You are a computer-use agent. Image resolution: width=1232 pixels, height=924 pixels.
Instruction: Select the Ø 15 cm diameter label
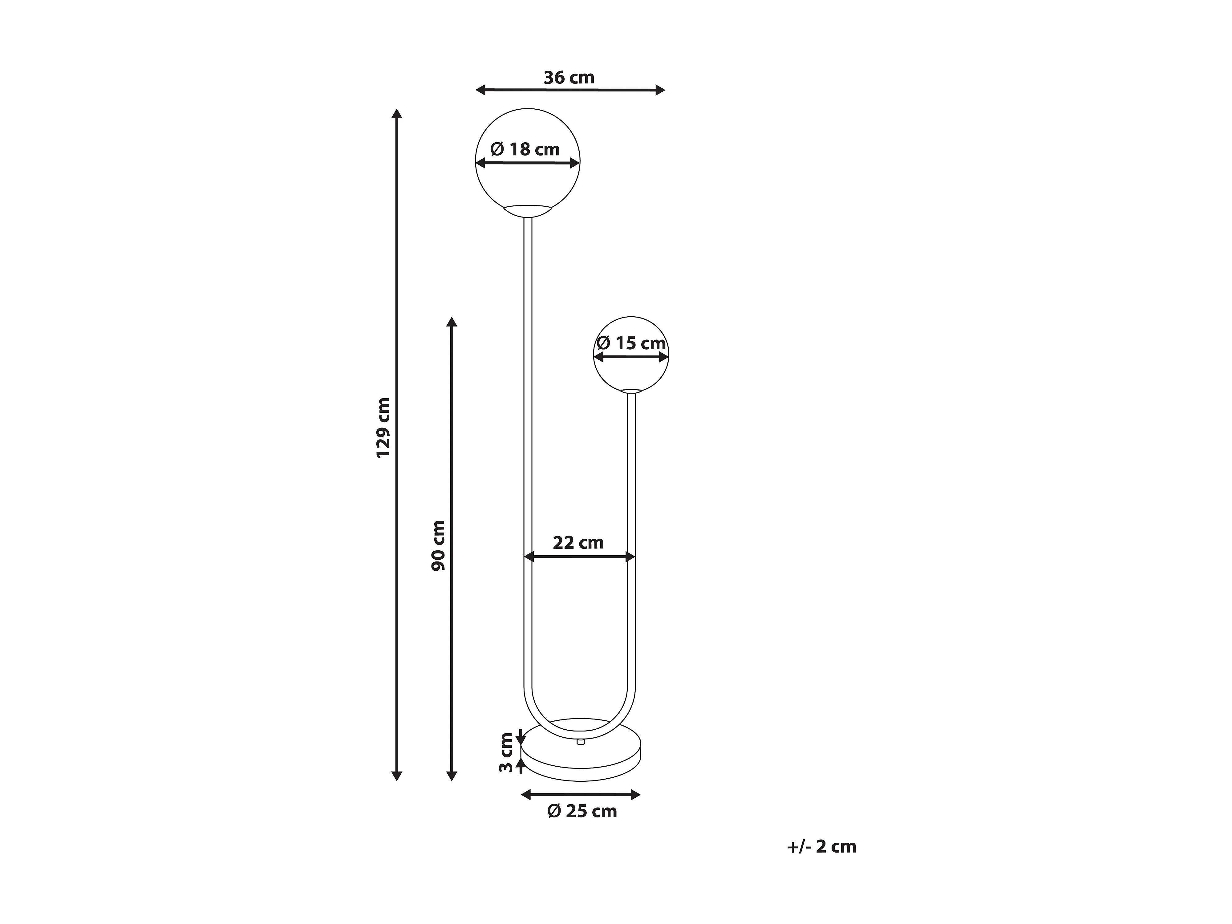coord(631,343)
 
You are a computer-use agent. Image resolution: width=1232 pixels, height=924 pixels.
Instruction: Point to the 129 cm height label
coord(384,428)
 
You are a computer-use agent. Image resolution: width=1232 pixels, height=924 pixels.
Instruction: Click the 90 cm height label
coord(439,545)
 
